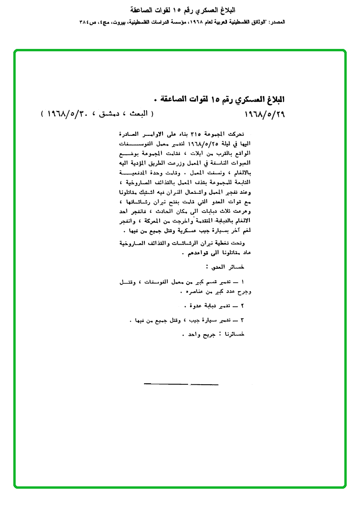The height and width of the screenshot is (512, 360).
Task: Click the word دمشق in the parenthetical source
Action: tap(110, 114)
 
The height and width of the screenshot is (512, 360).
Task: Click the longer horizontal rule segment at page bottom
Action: tap(166, 383)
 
